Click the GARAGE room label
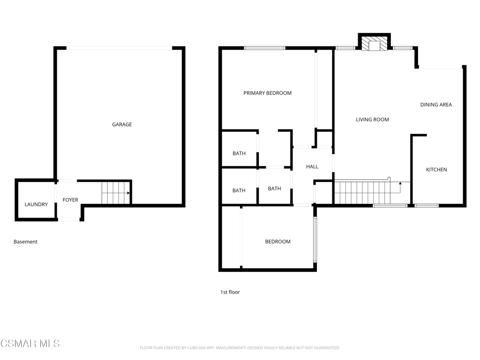122,124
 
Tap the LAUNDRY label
36,204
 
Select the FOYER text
70,200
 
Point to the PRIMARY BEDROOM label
267,93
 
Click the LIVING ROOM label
372,120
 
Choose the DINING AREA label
436,105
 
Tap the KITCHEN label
436,170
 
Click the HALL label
312,166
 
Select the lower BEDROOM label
277,241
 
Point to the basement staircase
116,193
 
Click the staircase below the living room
367,192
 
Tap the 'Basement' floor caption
25,241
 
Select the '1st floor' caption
230,292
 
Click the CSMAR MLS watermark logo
30,344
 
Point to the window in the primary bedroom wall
264,48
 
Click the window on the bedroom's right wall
315,239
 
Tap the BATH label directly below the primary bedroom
239,153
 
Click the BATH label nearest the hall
275,188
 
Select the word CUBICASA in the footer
196,348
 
